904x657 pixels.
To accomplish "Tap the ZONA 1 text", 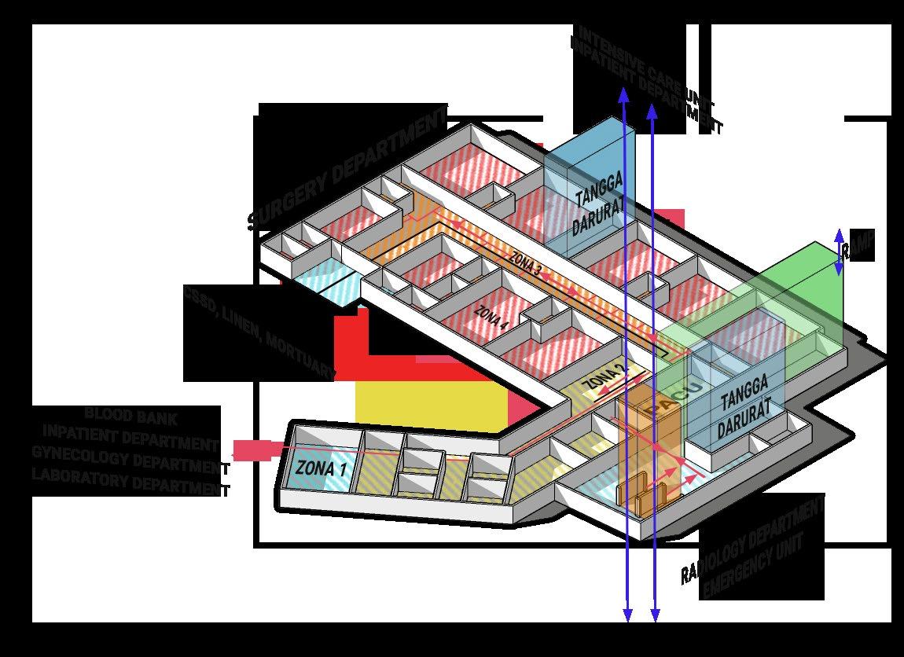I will tap(321, 468).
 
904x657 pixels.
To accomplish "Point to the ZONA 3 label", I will tap(525, 263).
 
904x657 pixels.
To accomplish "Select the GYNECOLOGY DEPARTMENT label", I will tap(130, 460).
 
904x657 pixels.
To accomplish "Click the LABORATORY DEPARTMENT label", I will tap(130, 481).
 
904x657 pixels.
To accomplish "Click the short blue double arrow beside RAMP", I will tap(840, 251).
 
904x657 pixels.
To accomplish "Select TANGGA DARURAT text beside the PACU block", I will tap(743, 417).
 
